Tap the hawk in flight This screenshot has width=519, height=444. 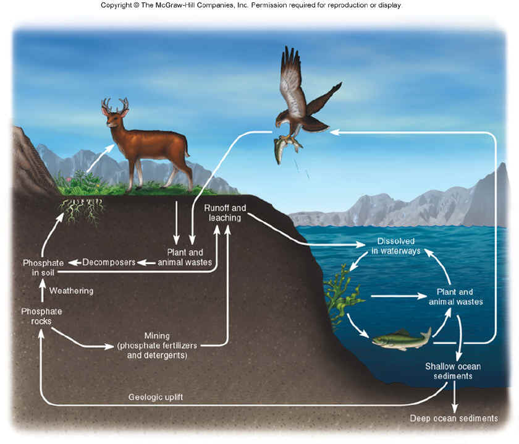tap(303, 99)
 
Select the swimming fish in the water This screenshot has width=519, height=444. tap(402, 339)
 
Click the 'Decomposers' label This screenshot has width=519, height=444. tap(109, 262)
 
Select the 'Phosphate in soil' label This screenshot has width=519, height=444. tap(42, 267)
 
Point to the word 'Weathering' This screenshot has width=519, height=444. tap(71, 291)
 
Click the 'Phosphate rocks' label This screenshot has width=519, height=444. tap(41, 317)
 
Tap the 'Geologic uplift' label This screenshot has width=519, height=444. tap(156, 396)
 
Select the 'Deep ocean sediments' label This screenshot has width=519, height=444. tap(454, 419)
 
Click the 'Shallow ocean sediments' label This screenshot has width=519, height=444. tap(452, 371)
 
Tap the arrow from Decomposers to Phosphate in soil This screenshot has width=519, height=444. tap(75, 262)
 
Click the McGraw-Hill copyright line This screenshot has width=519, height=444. tap(251, 6)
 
